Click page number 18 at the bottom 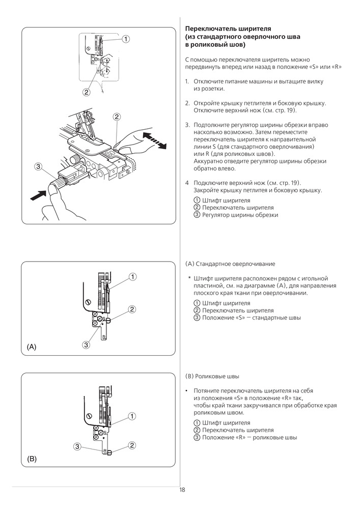pyautogui.click(x=182, y=490)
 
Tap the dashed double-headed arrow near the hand pyautogui.click(x=154, y=140)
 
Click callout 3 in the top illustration pyautogui.click(x=38, y=167)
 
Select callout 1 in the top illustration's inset pyautogui.click(x=126, y=39)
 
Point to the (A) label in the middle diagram pyautogui.click(x=32, y=347)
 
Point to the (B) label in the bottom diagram pyautogui.click(x=32, y=459)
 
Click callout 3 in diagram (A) pyautogui.click(x=86, y=345)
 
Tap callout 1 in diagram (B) pyautogui.click(x=132, y=416)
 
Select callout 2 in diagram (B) pyautogui.click(x=132, y=445)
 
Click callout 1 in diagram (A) pyautogui.click(x=132, y=276)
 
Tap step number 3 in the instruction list pyautogui.click(x=187, y=125)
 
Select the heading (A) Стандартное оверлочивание pyautogui.click(x=230, y=264)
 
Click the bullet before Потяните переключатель pyautogui.click(x=186, y=391)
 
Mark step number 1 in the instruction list pyautogui.click(x=187, y=81)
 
